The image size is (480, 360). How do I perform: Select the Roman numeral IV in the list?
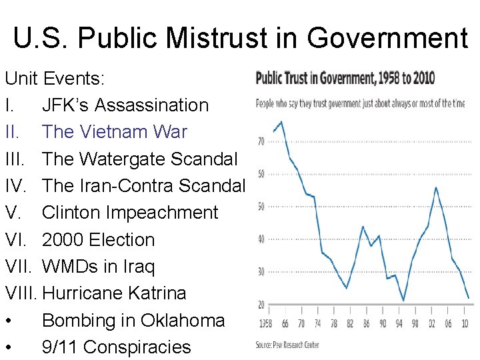[x=15, y=185]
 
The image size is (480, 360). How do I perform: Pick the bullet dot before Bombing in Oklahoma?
[x=9, y=321]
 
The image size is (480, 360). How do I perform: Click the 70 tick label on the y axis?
[x=261, y=141]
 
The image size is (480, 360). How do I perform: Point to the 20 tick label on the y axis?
[x=261, y=305]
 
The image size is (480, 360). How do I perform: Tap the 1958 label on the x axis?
[x=265, y=324]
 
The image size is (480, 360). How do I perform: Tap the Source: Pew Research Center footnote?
[x=287, y=345]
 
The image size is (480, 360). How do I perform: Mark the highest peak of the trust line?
[x=282, y=121]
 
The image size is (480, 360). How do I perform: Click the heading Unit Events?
[x=55, y=79]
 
